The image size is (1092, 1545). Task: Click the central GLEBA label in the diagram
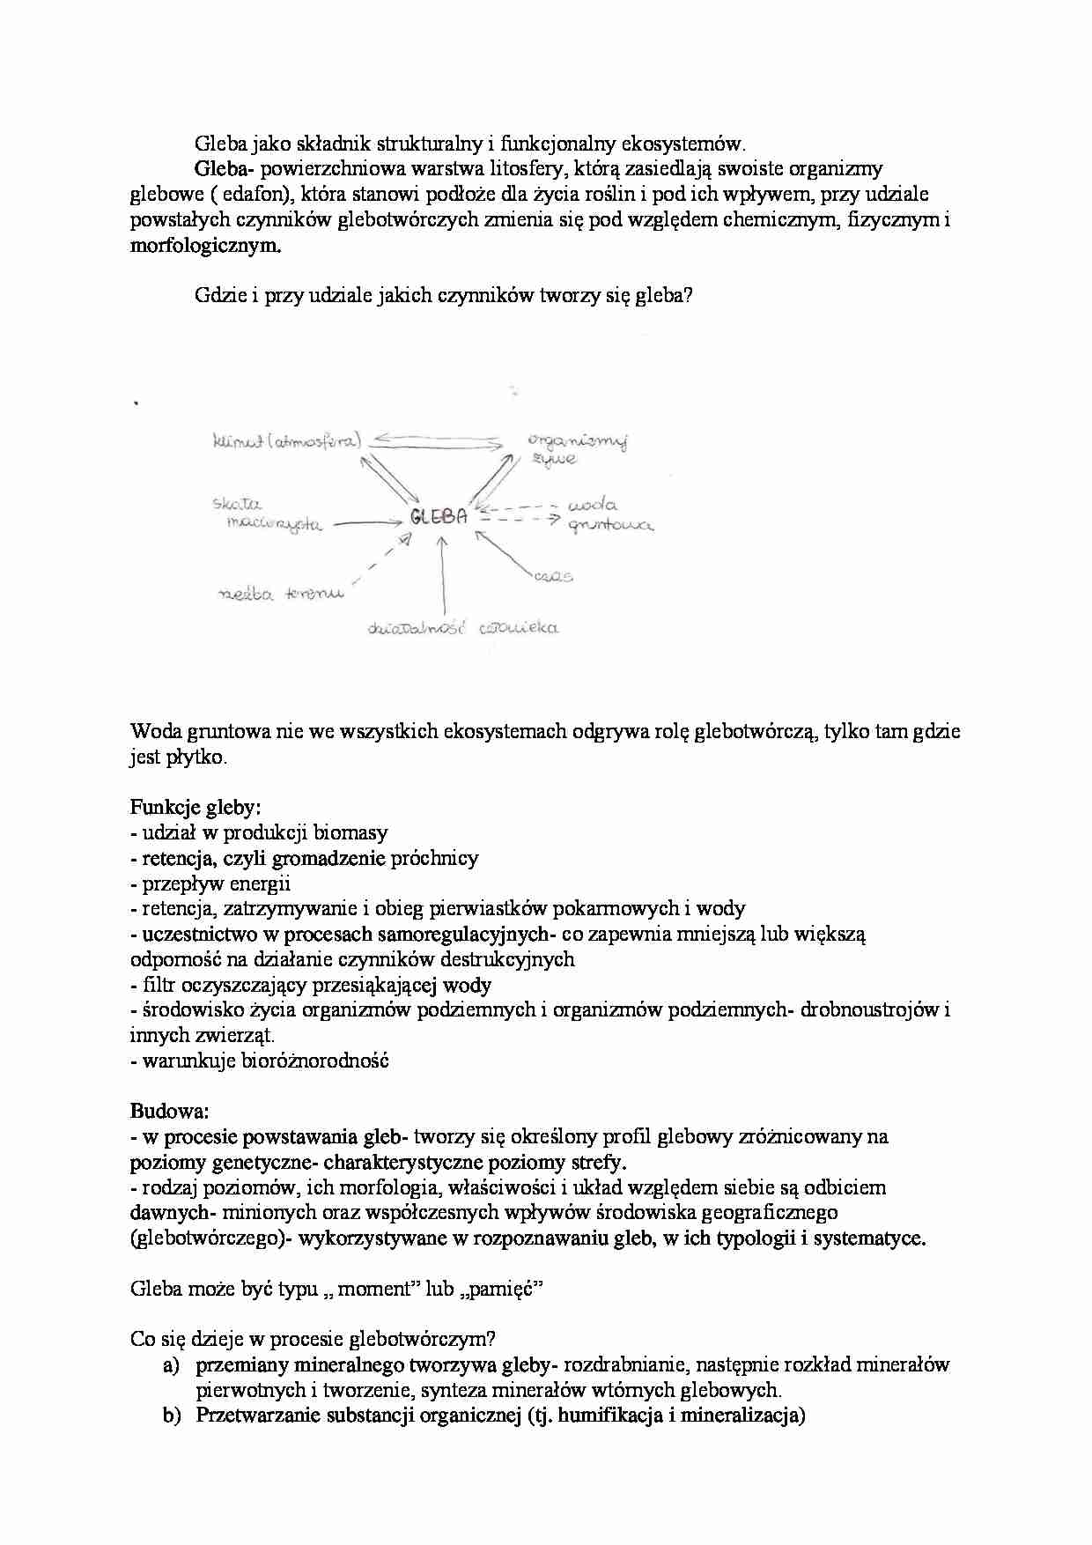[x=438, y=518]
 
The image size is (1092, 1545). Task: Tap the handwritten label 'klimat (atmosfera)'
[x=287, y=442]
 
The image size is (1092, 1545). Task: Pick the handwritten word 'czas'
[x=552, y=577]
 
